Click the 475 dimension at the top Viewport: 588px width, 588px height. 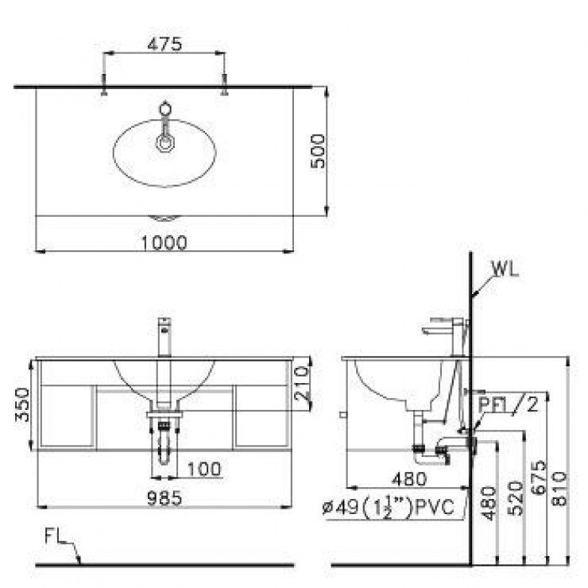[165, 44]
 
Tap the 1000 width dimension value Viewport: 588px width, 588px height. [166, 242]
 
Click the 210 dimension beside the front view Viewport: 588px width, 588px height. [300, 384]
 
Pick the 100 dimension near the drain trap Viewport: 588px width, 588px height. [204, 469]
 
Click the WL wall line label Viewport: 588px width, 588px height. [505, 268]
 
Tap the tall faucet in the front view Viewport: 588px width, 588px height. [165, 350]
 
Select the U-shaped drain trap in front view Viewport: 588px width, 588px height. [164, 449]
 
